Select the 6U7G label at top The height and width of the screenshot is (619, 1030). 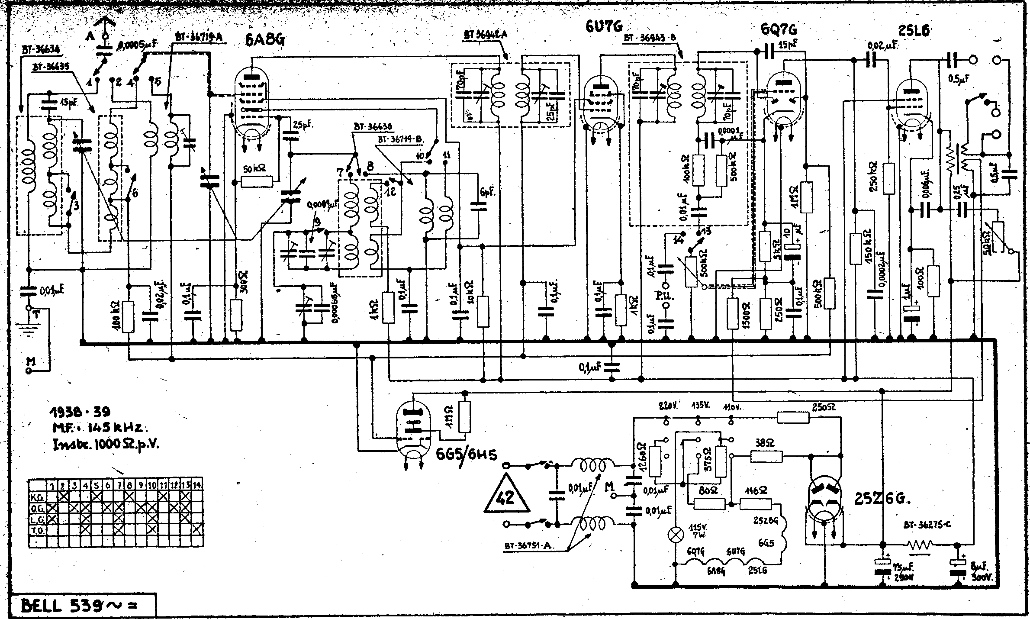pos(603,27)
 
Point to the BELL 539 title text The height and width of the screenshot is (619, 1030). pos(80,606)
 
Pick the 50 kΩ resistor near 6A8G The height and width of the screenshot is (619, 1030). pos(256,182)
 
